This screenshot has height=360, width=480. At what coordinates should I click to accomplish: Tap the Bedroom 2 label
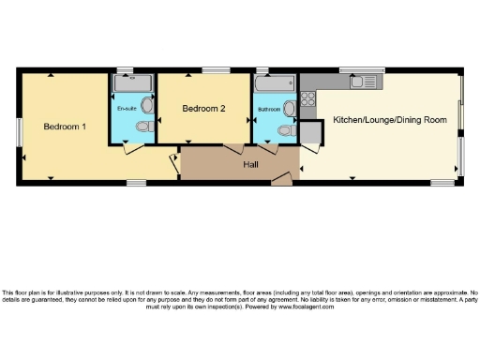click(x=203, y=109)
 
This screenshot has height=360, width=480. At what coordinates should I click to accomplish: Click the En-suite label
click(x=127, y=110)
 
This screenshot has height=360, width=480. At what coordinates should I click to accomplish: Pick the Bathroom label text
click(x=269, y=110)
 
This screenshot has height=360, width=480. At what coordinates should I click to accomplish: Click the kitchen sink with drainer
click(x=362, y=82)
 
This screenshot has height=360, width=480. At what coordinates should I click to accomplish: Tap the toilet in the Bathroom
click(x=291, y=109)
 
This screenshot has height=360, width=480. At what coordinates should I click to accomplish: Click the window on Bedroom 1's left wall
click(x=19, y=131)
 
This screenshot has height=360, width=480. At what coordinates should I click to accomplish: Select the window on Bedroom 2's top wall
click(x=217, y=70)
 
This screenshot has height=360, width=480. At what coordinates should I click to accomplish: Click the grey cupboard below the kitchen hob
click(x=310, y=132)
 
